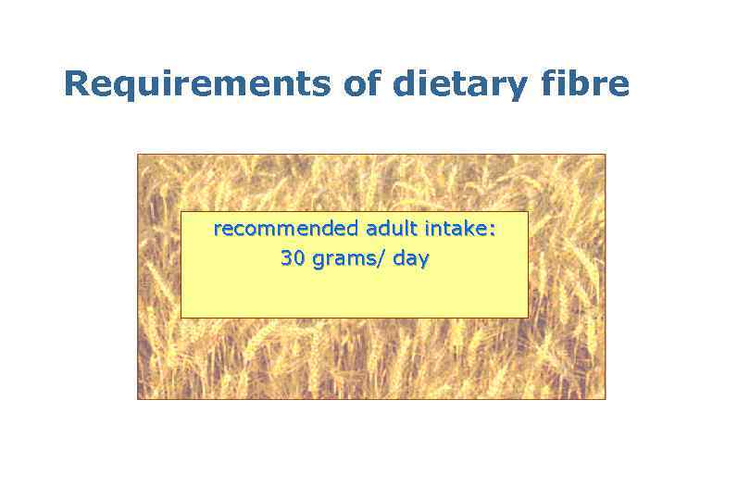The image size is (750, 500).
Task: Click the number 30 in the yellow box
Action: coord(293,259)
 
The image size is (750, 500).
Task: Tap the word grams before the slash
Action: coord(344,260)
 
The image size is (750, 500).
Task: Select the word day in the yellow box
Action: coord(410,260)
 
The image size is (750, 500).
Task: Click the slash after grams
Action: coord(381,260)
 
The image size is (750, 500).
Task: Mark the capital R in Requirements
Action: coord(76,84)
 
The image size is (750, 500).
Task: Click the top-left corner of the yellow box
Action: coord(181,212)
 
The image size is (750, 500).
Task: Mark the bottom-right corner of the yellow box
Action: coord(528,318)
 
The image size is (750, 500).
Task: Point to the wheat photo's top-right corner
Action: coord(605,155)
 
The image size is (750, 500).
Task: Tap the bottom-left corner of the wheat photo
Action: coord(138,399)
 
